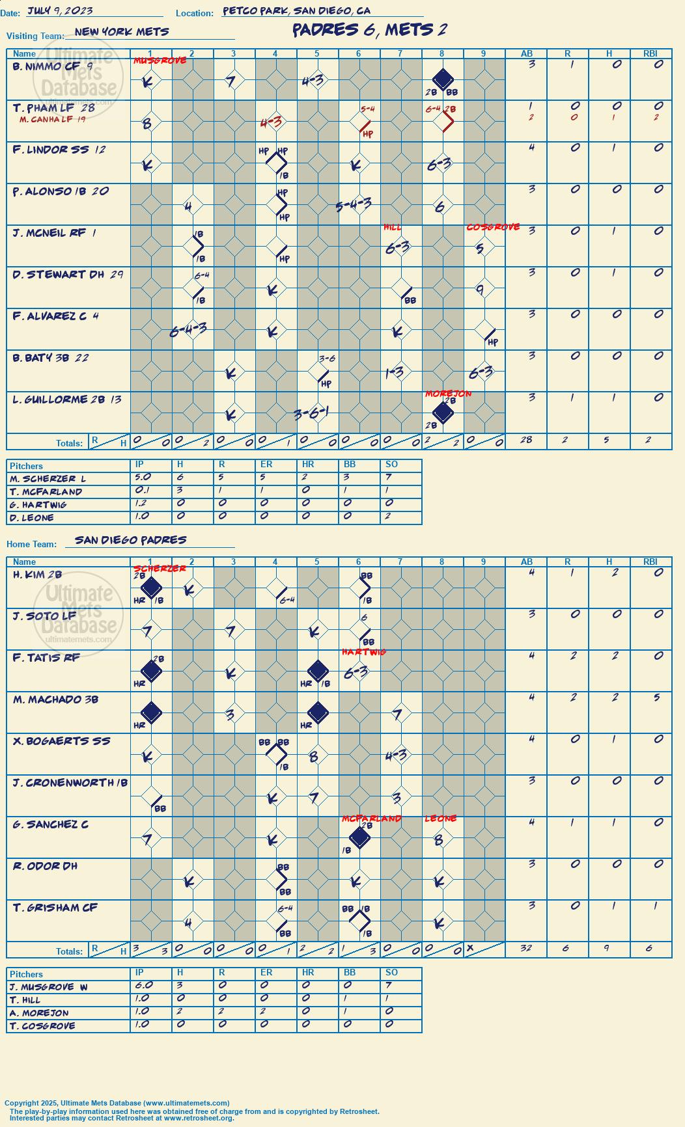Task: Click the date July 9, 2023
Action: coord(60,11)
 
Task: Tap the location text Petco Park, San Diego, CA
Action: coord(296,11)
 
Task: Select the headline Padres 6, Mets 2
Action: coord(369,30)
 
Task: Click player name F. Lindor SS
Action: coord(51,150)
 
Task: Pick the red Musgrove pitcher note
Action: coord(160,61)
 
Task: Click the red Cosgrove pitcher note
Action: coord(493,227)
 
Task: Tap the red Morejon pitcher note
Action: coord(449,394)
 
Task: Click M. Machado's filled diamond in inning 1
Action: coord(151,713)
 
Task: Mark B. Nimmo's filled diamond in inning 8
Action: coord(443,79)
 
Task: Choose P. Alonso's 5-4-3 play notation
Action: coord(354,206)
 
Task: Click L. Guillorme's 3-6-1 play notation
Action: coord(311,414)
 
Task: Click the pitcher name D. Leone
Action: coord(32,518)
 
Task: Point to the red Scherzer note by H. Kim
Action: coord(160,569)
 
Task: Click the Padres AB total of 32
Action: coord(526,948)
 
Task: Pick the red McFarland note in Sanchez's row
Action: coord(372,819)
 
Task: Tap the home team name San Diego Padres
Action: coord(131,540)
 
